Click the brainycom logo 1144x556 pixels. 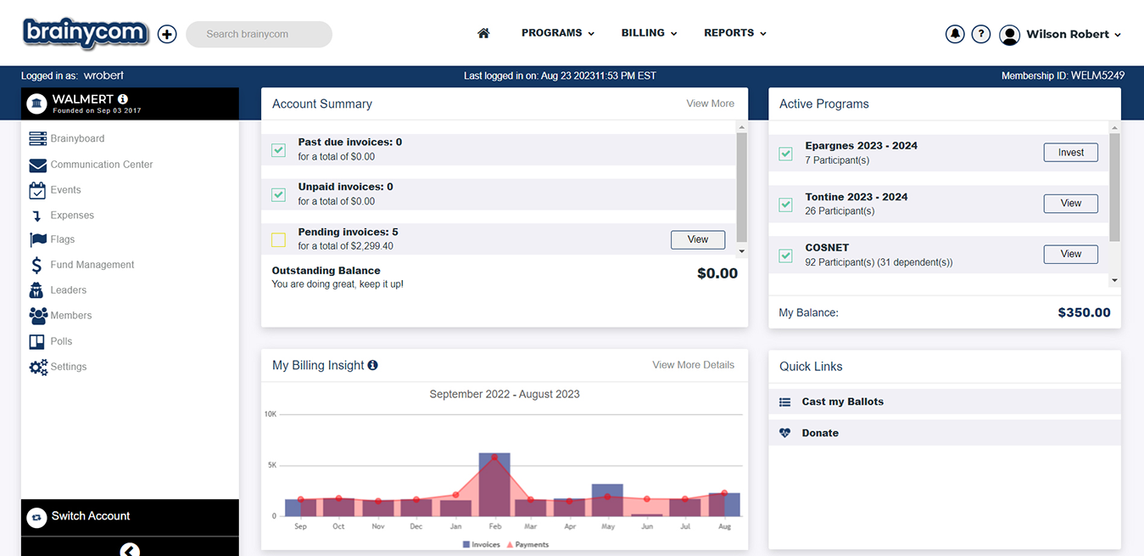[86, 33]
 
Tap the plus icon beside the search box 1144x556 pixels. [167, 34]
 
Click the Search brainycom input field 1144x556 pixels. [259, 34]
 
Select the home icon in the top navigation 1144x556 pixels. [483, 33]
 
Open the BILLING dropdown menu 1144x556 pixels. [649, 33]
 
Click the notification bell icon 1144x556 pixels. [955, 34]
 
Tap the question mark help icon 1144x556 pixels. [980, 34]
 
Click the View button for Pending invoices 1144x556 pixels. [698, 239]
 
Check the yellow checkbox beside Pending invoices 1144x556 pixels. [278, 239]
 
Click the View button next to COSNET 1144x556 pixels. [1070, 254]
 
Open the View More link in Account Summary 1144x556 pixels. [710, 104]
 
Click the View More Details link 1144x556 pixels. [693, 365]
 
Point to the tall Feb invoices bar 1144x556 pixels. [494, 485]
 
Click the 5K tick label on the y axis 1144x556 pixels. [271, 465]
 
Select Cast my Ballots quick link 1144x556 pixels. [842, 402]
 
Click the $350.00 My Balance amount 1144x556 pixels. [1084, 312]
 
